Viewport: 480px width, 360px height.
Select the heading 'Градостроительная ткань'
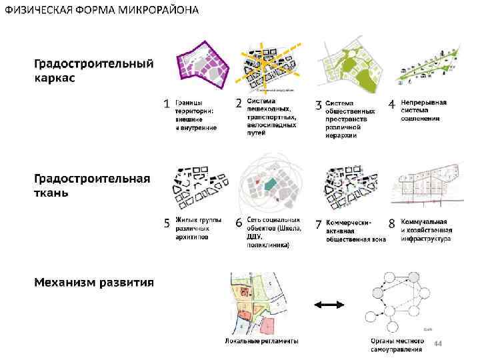pos(92,186)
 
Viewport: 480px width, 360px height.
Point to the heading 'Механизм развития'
pos(94,282)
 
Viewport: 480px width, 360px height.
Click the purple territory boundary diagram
pos(202,65)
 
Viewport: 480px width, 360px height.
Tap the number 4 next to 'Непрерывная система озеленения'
pos(392,105)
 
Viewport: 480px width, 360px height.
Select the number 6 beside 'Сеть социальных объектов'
pos(239,222)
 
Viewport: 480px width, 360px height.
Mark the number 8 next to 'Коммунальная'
pos(392,223)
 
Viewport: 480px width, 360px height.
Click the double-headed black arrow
pos(328,304)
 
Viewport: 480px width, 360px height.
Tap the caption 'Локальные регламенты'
pos(261,341)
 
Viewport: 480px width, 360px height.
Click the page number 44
pos(438,343)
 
